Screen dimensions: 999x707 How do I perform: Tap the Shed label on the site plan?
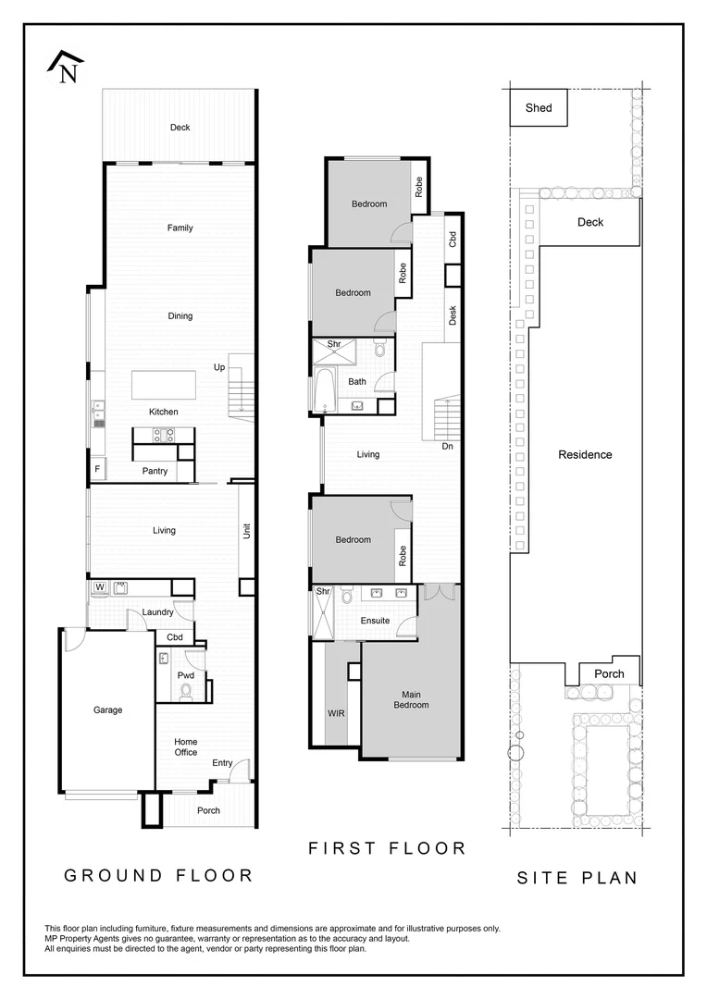[539, 108]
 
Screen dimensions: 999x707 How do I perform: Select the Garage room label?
[107, 710]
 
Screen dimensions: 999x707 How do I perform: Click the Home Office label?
[186, 746]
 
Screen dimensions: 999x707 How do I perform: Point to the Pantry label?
[155, 471]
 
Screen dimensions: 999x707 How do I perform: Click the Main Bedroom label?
[411, 699]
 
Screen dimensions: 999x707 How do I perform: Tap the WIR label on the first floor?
[336, 713]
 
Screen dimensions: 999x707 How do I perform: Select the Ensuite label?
[375, 621]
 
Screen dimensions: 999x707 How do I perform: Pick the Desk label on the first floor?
[453, 315]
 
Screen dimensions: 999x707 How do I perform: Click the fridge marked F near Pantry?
[96, 470]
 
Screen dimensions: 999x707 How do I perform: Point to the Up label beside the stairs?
[219, 367]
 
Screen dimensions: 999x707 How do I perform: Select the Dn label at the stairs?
[447, 446]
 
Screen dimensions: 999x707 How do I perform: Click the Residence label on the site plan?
[585, 455]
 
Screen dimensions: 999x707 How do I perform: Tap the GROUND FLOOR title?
[158, 875]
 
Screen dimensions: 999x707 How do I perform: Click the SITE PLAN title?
[577, 878]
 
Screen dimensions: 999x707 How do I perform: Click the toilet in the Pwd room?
[185, 687]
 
